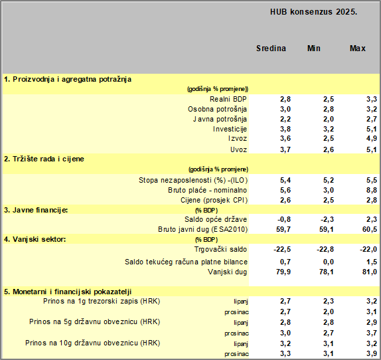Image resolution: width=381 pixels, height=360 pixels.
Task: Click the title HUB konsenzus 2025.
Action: (313, 12)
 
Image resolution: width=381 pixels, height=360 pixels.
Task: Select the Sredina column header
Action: (271, 48)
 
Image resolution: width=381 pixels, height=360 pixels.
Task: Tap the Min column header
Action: (314, 48)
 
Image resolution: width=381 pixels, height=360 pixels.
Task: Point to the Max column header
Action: (357, 48)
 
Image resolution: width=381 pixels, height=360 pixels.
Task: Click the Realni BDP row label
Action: (228, 99)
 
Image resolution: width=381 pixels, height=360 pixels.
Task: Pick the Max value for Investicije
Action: (372, 129)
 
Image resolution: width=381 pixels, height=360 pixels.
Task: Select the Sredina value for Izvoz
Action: (285, 138)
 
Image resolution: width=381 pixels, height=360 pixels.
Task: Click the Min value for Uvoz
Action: (329, 149)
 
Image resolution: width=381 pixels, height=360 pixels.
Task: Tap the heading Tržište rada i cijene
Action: (44, 159)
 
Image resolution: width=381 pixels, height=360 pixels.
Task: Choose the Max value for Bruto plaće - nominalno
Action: (372, 190)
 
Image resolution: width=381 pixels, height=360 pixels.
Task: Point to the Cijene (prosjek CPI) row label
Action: (214, 200)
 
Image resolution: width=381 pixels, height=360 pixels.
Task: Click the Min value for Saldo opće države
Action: (327, 219)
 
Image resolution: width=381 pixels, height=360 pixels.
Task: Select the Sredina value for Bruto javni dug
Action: (283, 229)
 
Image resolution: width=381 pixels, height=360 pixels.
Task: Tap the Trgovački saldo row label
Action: (220, 249)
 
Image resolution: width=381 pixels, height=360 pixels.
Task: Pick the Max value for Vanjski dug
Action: (370, 272)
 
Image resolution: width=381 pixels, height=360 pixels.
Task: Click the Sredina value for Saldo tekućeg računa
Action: (285, 262)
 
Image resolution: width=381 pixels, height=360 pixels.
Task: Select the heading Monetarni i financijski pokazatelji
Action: (68, 292)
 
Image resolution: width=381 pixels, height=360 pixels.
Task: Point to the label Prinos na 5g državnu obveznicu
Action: (95, 321)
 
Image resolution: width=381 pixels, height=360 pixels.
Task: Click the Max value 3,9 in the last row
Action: (372, 353)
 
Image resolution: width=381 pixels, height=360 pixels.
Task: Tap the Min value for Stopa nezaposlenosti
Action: (329, 180)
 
